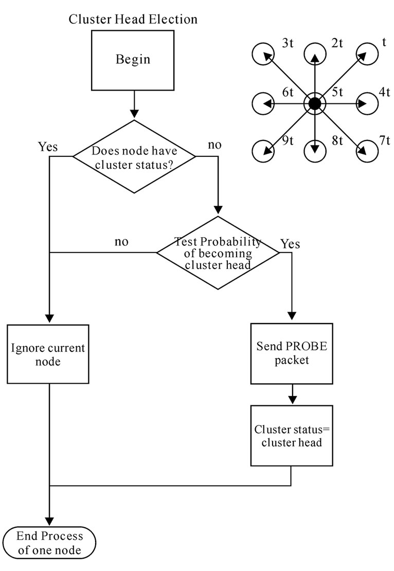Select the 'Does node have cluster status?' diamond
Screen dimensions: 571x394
[134, 156]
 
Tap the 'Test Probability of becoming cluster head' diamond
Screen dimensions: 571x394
[218, 253]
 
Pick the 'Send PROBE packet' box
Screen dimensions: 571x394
[292, 353]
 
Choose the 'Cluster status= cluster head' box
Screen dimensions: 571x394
[292, 436]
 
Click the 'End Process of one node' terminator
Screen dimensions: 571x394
[49, 543]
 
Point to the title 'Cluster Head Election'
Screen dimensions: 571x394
[133, 20]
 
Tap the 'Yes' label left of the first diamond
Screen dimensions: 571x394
[48, 147]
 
